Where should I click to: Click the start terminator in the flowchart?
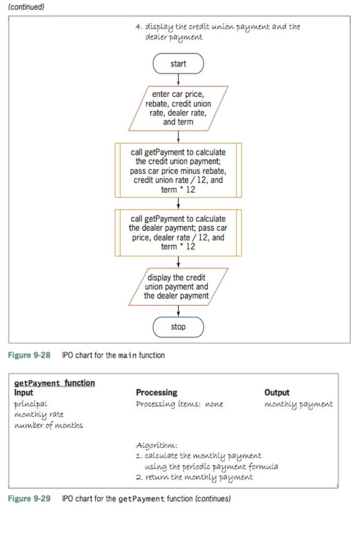(178, 64)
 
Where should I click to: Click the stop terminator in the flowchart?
(178, 327)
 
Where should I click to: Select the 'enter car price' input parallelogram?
(178, 109)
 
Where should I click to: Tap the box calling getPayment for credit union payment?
(178, 170)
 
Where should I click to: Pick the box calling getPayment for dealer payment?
(178, 232)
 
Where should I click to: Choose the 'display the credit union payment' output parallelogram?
(178, 287)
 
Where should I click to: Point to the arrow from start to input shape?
(178, 80)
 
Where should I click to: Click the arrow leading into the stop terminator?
(178, 311)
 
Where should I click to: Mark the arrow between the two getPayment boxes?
(178, 203)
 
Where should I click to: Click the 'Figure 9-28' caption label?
(29, 355)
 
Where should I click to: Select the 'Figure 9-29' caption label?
(29, 499)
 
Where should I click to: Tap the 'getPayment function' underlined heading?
(55, 383)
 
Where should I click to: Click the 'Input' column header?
(24, 393)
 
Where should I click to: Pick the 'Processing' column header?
(157, 393)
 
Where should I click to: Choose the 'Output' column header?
(277, 393)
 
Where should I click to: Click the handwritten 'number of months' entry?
(48, 425)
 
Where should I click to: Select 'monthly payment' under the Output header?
(298, 404)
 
